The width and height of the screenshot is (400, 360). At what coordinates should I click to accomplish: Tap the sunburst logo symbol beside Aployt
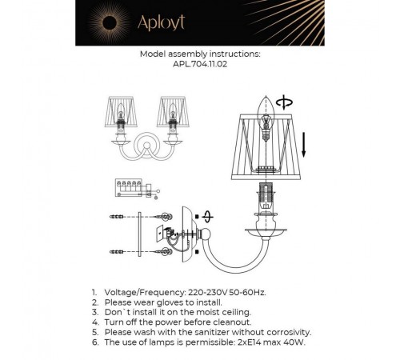point(109,18)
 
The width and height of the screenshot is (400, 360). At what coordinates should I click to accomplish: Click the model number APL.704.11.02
point(200,66)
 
